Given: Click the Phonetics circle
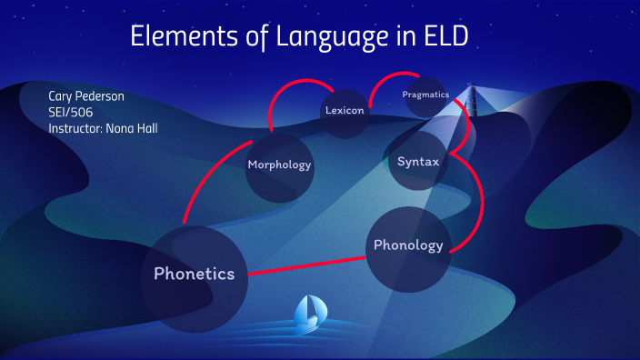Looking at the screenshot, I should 195,274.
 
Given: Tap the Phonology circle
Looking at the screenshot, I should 408,245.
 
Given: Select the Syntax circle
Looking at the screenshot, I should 418,162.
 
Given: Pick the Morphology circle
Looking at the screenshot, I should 279,165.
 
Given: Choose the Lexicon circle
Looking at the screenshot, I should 345,111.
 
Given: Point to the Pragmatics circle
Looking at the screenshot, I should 425,95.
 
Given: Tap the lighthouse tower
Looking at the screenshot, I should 471,100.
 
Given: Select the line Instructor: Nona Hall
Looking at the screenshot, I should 105,128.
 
